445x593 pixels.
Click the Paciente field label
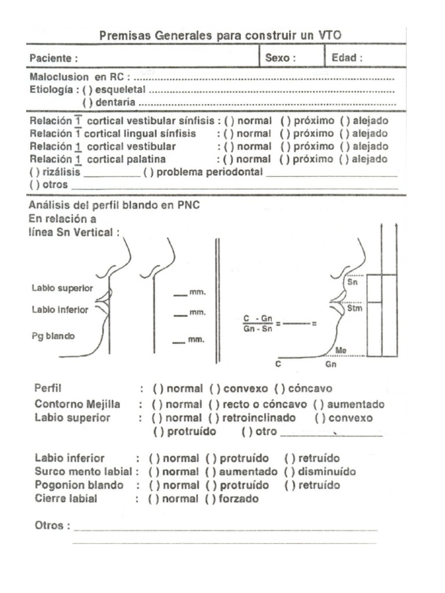[53, 58]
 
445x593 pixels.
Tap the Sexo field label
[280, 58]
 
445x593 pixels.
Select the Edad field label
[347, 58]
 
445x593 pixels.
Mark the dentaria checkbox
[88, 102]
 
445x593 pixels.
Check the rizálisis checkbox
[34, 172]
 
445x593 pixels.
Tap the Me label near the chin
[341, 350]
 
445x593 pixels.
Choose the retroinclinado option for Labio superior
[214, 418]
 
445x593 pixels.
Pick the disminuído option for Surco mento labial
[290, 472]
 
